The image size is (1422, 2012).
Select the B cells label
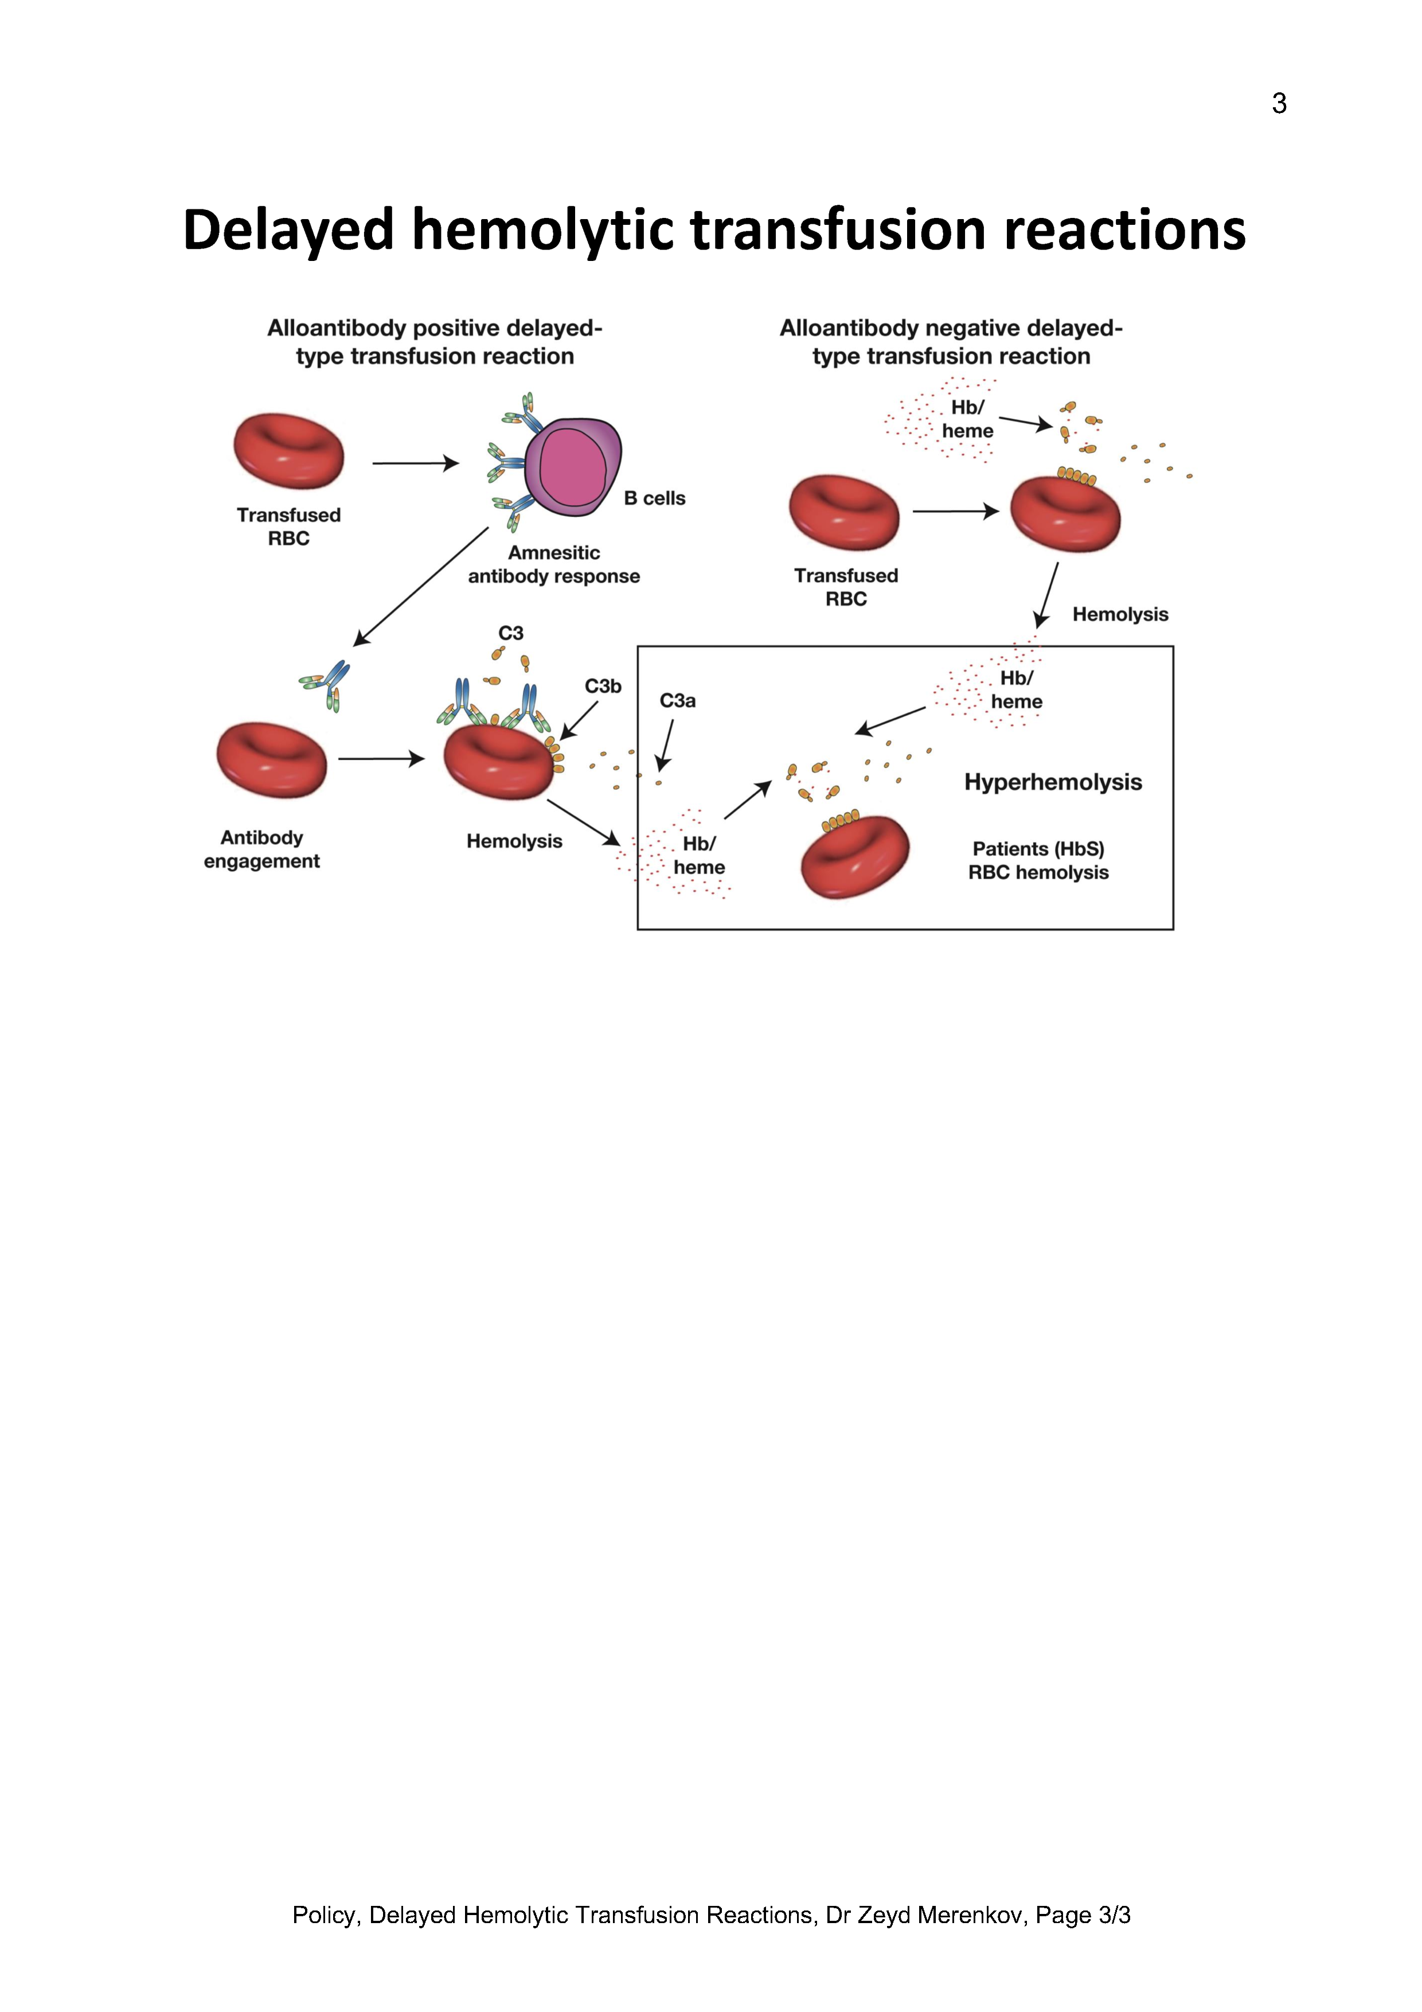point(654,498)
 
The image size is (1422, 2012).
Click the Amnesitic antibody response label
point(554,564)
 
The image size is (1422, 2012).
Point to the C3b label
point(603,686)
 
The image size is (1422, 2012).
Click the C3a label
point(677,701)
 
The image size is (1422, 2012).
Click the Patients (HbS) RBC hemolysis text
point(1038,860)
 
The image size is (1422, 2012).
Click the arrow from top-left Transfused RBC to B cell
point(415,463)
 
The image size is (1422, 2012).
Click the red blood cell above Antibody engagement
point(272,760)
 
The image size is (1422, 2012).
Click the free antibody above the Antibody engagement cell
point(327,684)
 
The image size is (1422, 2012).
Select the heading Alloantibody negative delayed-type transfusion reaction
point(951,342)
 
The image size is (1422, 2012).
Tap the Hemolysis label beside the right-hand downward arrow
point(1120,614)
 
